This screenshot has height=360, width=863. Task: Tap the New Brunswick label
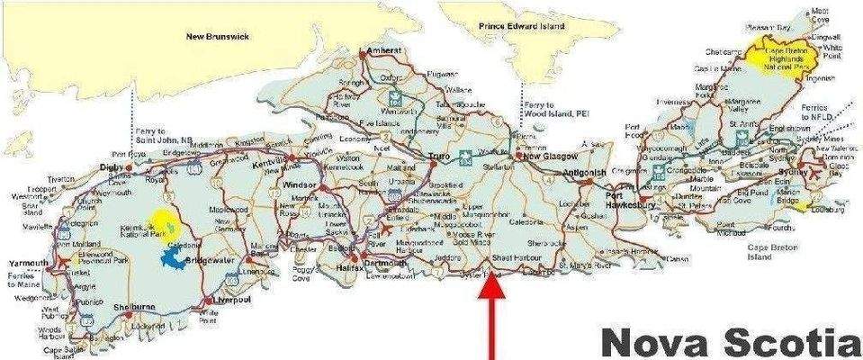tap(217, 36)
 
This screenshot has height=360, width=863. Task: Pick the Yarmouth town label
tap(29, 263)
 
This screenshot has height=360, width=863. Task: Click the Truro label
tap(439, 156)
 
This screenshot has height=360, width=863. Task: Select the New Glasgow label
tap(544, 156)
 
